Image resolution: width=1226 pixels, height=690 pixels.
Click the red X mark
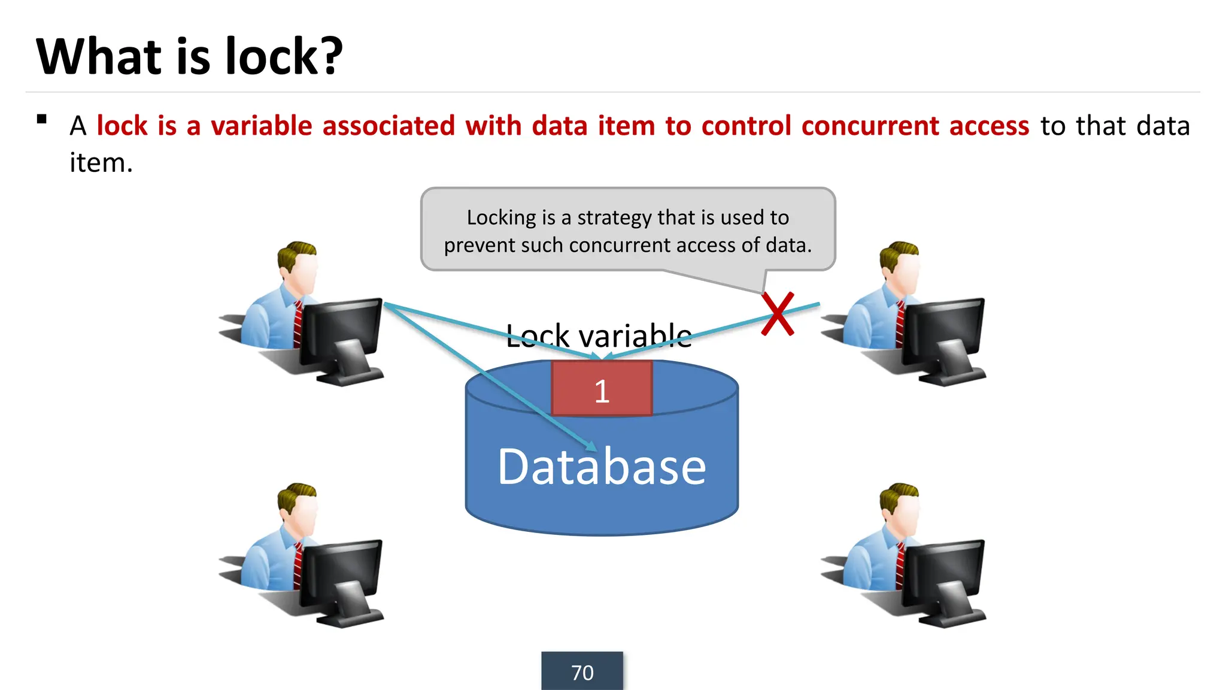point(778,314)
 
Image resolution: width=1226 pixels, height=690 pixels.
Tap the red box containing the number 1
point(602,389)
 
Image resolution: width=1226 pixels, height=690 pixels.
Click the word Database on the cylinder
point(602,467)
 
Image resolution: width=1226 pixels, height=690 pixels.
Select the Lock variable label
point(599,335)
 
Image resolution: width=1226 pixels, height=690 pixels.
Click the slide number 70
point(582,672)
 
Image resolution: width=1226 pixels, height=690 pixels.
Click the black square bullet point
point(41,119)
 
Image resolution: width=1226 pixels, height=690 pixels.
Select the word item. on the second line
point(101,163)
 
